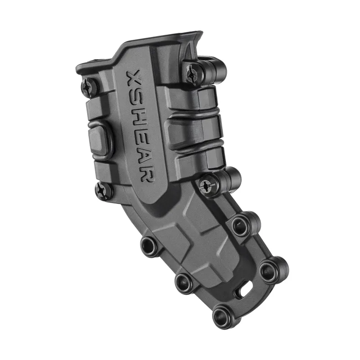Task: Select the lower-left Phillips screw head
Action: (x=103, y=191)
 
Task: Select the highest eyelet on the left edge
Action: (x=148, y=245)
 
